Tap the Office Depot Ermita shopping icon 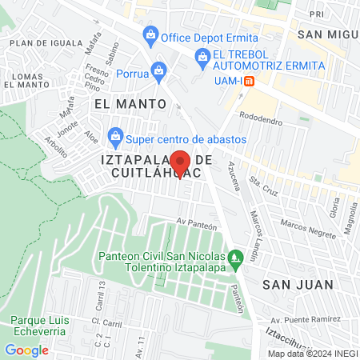coord(150,36)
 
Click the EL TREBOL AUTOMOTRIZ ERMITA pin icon coord(202,56)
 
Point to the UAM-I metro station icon coord(249,81)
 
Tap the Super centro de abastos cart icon coord(115,135)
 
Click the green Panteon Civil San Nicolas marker coord(234,258)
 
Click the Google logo coord(26,350)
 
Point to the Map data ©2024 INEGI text coord(311,354)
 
